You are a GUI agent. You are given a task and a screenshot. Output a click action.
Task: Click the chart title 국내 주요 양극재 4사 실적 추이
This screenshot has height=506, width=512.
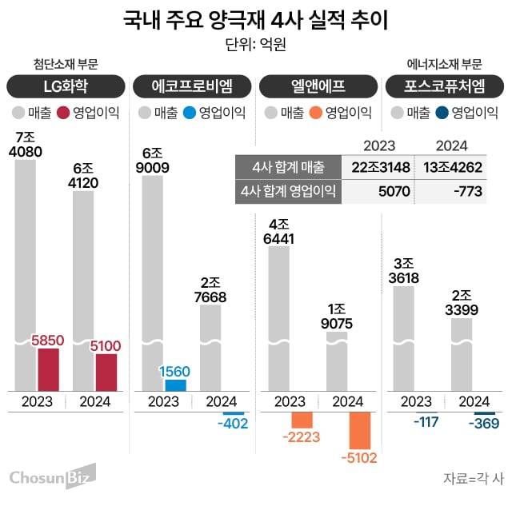coord(256,20)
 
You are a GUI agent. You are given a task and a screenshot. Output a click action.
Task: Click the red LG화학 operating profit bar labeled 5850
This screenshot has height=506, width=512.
coord(49,369)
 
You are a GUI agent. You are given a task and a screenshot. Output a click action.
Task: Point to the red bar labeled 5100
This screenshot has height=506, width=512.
coord(106,372)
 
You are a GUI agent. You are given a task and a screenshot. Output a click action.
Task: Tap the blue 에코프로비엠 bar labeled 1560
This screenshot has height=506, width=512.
coord(175,384)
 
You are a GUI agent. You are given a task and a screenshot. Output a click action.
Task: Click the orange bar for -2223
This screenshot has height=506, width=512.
coord(302,419)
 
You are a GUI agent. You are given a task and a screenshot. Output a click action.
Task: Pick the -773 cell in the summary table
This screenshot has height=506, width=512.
coord(454,191)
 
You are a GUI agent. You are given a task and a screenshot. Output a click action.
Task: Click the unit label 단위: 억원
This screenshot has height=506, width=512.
coord(256,44)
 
